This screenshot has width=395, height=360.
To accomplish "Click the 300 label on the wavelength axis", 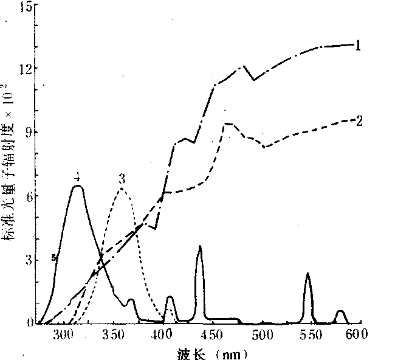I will pyautogui.click(x=63, y=334).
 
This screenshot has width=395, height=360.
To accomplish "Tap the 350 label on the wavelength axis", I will pyautogui.click(x=113, y=334).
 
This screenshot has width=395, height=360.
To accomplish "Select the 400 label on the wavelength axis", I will pyautogui.click(x=162, y=334).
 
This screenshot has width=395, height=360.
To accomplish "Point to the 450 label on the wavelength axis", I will pyautogui.click(x=212, y=334).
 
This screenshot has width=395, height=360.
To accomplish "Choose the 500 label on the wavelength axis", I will pyautogui.click(x=263, y=334).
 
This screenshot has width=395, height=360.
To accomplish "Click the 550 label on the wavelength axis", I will pyautogui.click(x=312, y=334).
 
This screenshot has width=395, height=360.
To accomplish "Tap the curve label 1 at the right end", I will pyautogui.click(x=359, y=45).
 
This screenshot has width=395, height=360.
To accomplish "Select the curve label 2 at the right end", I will pyautogui.click(x=360, y=120).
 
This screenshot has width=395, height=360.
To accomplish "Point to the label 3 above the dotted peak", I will pyautogui.click(x=122, y=178).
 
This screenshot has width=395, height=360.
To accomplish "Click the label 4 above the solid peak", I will pyautogui.click(x=77, y=177).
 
